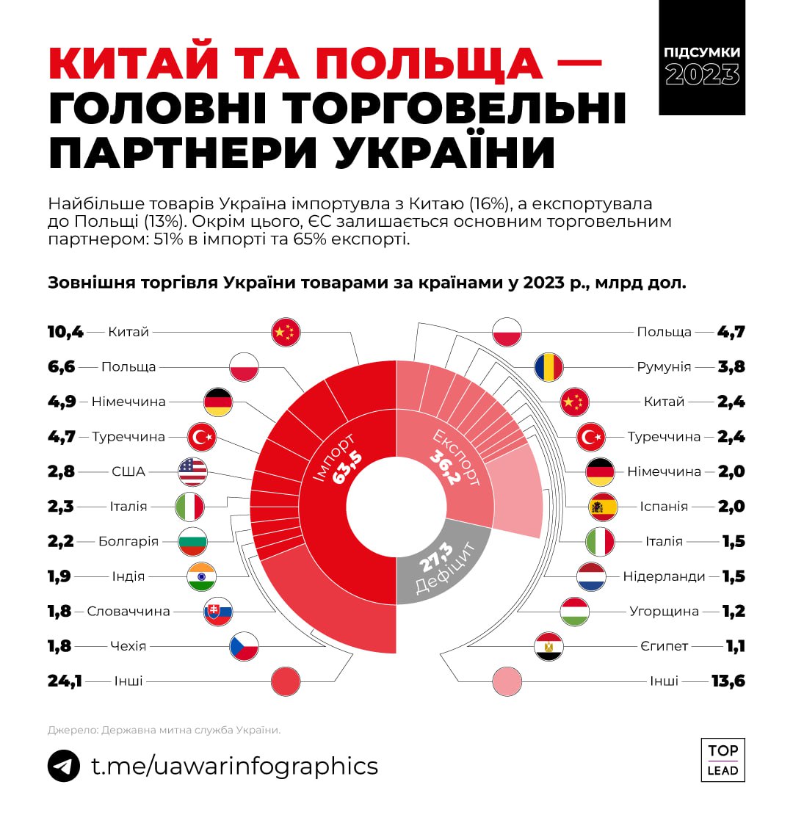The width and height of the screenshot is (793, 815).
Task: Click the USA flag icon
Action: click(192, 471)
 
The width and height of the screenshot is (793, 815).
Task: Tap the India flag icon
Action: click(201, 576)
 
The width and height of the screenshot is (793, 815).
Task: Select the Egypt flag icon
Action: click(548, 646)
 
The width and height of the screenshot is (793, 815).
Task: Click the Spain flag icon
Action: click(603, 507)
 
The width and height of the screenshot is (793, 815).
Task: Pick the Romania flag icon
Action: click(548, 366)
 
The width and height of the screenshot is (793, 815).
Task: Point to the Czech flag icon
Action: click(244, 646)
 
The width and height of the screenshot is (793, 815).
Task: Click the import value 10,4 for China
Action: click(65, 332)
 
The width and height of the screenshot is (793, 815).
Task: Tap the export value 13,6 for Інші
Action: click(728, 681)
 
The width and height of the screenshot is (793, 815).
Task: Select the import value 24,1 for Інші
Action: click(65, 681)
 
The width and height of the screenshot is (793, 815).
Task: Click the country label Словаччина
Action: click(128, 612)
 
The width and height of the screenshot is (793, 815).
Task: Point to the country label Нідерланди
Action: click(664, 576)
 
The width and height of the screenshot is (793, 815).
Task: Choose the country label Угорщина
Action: click(664, 612)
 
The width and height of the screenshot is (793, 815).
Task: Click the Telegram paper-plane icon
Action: click(64, 767)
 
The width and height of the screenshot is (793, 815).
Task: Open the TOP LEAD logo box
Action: click(723, 760)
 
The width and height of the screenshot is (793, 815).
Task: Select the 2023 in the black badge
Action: click(702, 73)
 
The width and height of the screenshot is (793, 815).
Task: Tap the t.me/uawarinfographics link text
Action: click(234, 767)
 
